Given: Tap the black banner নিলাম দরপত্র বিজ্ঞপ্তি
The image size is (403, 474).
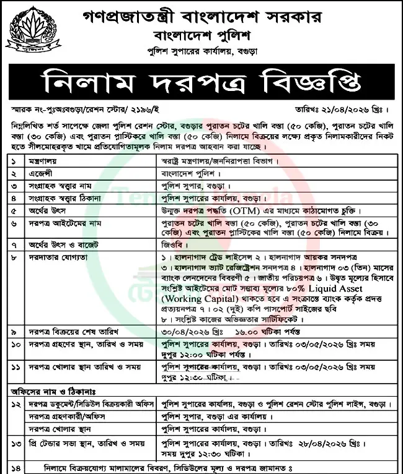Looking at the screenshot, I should tap(201, 80).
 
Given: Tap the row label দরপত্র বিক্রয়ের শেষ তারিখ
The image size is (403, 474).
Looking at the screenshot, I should tap(71, 332).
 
